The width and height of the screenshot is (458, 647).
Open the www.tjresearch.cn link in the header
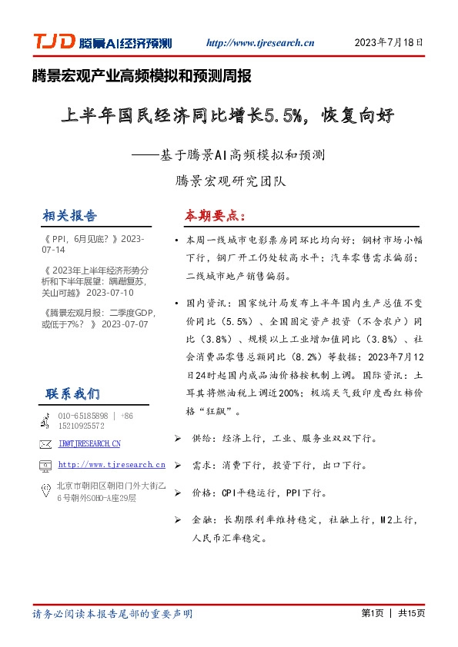point(261,44)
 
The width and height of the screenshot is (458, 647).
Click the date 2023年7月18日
point(389,43)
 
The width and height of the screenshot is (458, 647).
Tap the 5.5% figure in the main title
point(282,117)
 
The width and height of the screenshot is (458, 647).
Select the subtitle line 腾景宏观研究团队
point(231,182)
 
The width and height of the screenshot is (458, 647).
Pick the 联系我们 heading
point(72,393)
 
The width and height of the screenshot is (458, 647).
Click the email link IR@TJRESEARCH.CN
point(89,444)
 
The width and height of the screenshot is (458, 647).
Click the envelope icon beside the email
point(45,444)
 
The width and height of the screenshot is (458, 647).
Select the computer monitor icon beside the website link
point(45,466)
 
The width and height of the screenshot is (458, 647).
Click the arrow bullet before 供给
point(178,438)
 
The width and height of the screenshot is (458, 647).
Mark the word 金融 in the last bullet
point(201,520)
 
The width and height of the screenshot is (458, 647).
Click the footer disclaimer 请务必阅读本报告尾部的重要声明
point(112,614)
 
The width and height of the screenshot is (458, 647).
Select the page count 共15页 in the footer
point(411,614)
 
